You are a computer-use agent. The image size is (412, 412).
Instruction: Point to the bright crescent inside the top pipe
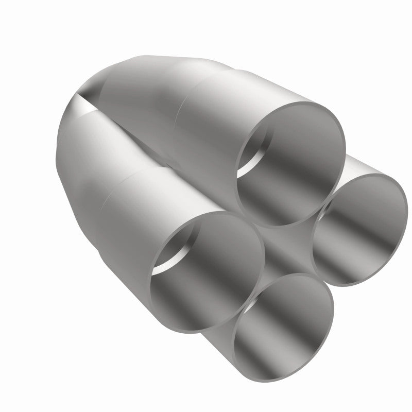pyautogui.click(x=248, y=154)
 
